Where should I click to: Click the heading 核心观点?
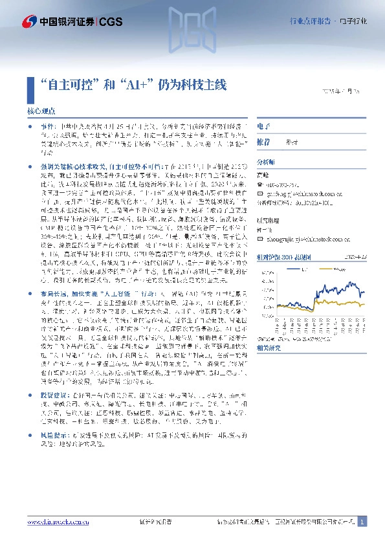coord(41,111)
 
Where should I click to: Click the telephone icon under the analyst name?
coord(260,183)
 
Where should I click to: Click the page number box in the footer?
coord(362,522)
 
